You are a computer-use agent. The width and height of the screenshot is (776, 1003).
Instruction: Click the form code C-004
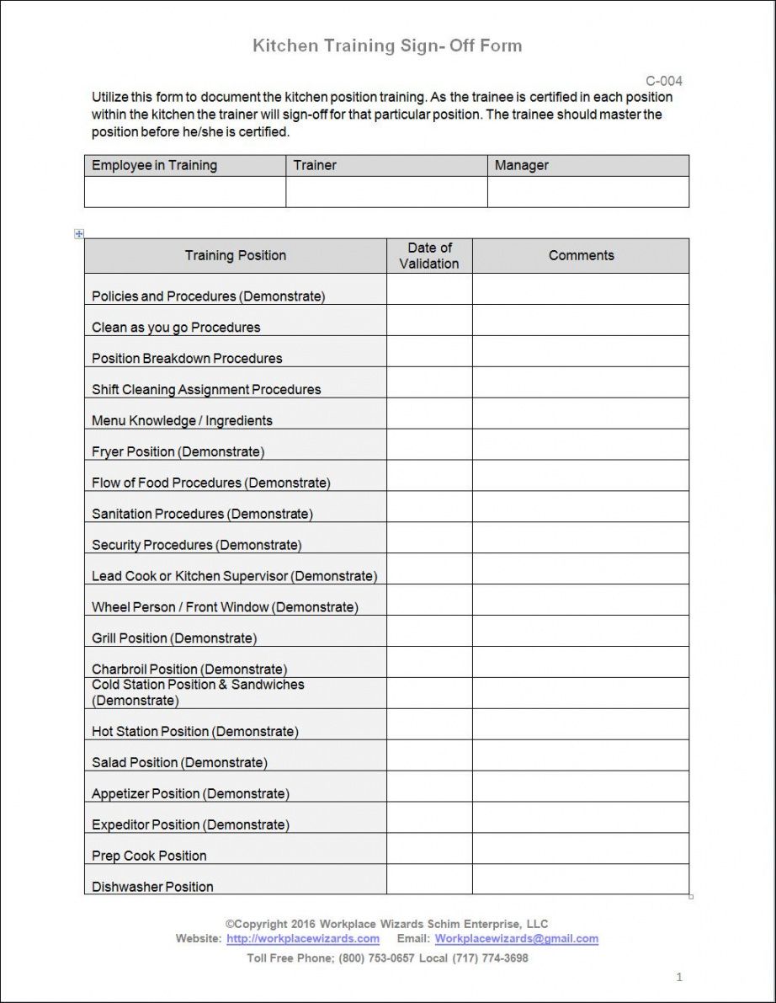tap(664, 81)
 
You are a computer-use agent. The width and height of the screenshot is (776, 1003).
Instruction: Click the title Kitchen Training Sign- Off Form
tap(387, 45)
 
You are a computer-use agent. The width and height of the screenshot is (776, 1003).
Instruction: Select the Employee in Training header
tap(154, 165)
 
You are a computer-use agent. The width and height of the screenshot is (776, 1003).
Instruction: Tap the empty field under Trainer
tap(386, 192)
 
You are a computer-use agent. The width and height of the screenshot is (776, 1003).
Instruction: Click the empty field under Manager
tap(587, 192)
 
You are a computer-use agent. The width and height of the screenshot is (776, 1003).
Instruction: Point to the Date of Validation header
tap(429, 255)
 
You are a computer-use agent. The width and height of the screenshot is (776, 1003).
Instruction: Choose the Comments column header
tap(581, 255)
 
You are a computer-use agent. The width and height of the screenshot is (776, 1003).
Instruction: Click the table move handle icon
tap(79, 233)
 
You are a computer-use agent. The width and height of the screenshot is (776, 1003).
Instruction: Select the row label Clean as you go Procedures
tap(176, 327)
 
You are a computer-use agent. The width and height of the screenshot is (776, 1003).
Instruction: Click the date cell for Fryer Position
tap(429, 445)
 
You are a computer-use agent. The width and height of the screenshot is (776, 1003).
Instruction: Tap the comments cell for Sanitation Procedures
tap(581, 507)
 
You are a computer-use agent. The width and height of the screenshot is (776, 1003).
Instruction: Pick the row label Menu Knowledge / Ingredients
tap(182, 420)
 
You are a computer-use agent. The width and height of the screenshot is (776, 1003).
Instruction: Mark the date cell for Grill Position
tap(429, 632)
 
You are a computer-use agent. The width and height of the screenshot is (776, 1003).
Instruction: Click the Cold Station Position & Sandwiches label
tap(198, 692)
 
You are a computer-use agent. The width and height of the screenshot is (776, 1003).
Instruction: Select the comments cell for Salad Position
tap(581, 755)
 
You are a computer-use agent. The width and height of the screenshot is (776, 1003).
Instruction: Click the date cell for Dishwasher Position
tap(429, 879)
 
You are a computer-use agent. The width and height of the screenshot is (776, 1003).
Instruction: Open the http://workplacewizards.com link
tap(302, 938)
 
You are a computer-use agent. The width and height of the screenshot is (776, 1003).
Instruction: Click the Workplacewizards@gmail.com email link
tap(516, 938)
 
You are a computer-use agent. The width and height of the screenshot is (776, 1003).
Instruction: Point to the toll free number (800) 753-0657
tap(376, 958)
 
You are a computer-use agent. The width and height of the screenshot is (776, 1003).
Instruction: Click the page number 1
tap(679, 977)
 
